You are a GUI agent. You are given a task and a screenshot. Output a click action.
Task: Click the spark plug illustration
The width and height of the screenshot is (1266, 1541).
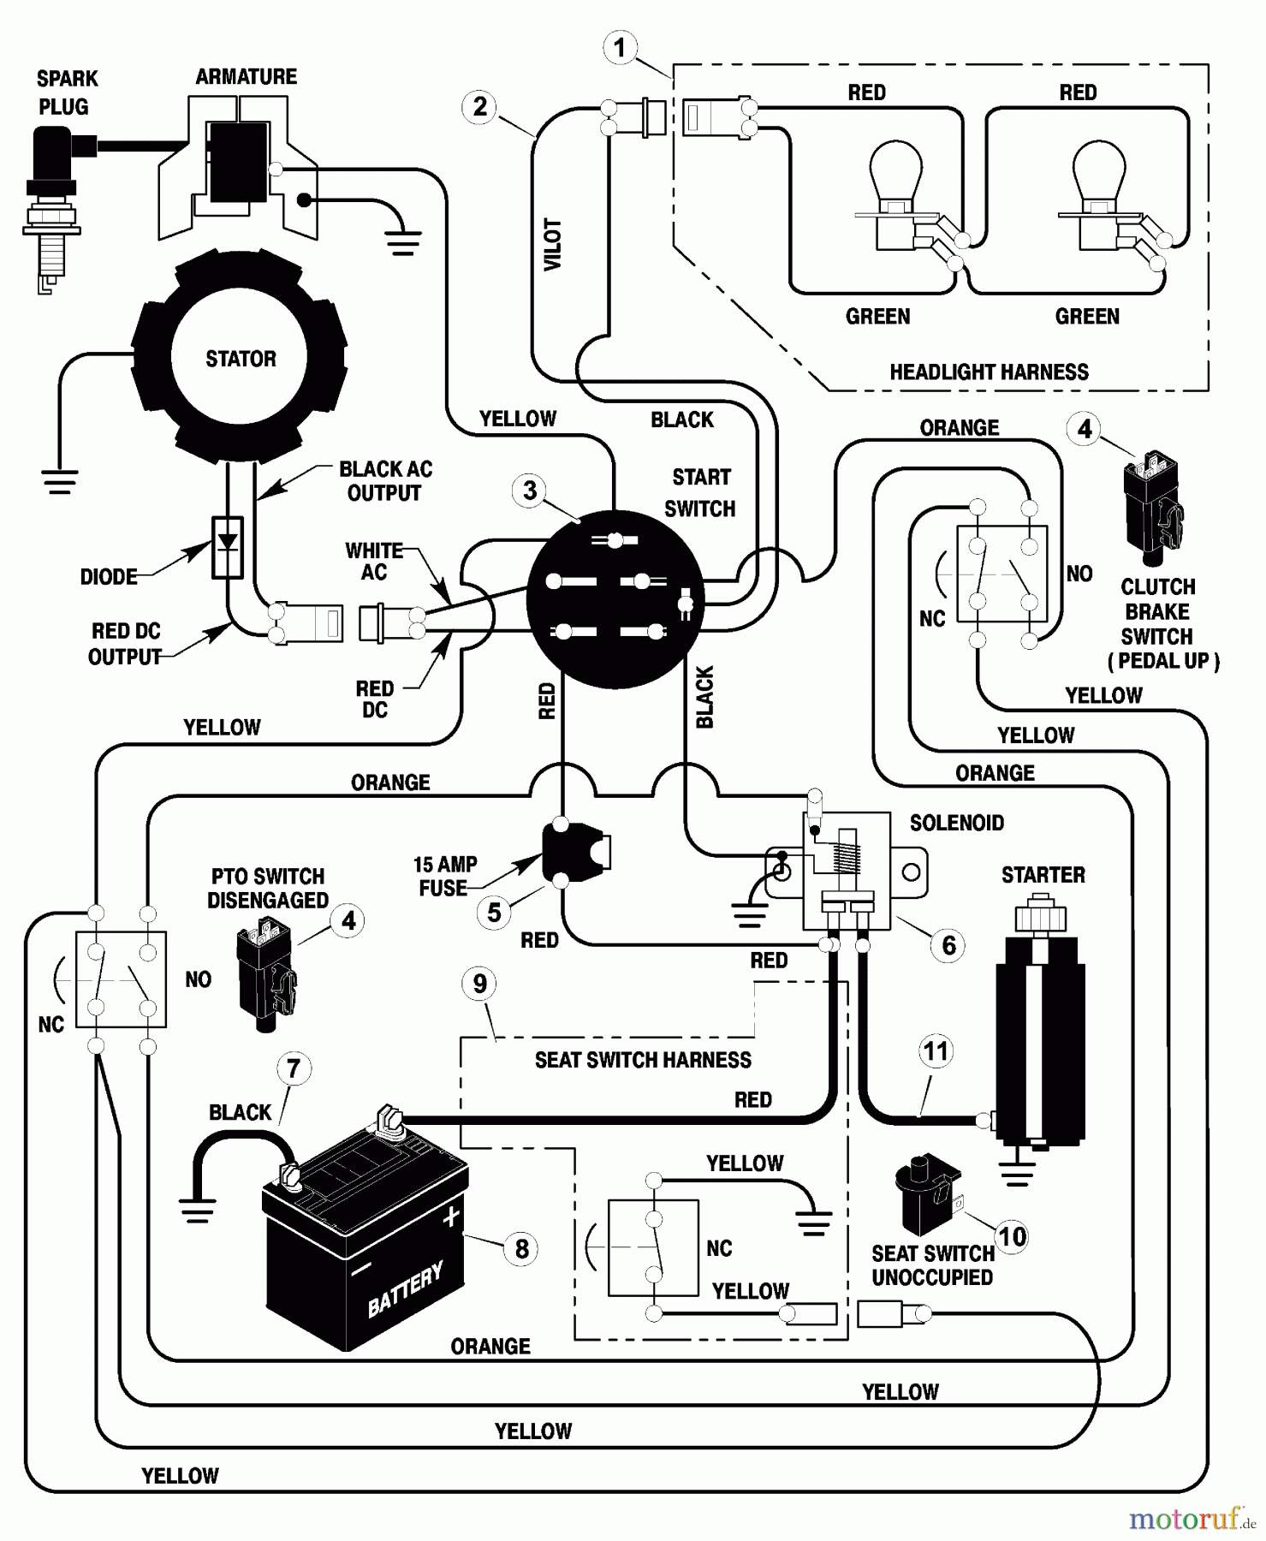pyautogui.click(x=53, y=205)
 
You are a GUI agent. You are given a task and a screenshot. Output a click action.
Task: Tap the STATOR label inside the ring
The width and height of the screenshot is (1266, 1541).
pyautogui.click(x=241, y=359)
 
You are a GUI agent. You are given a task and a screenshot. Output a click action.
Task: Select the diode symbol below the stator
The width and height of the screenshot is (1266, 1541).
pyautogui.click(x=228, y=546)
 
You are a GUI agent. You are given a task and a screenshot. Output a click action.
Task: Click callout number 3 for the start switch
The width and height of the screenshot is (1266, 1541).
pyautogui.click(x=530, y=491)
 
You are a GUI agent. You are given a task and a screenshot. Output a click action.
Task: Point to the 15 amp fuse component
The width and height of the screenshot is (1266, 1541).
pyautogui.click(x=575, y=853)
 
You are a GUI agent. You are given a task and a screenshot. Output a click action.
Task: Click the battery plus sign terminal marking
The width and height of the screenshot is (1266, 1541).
pyautogui.click(x=451, y=1217)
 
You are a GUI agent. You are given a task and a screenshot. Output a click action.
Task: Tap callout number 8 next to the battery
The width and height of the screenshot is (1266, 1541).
pyautogui.click(x=521, y=1248)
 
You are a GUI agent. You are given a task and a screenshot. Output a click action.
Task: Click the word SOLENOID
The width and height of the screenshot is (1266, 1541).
pyautogui.click(x=956, y=823)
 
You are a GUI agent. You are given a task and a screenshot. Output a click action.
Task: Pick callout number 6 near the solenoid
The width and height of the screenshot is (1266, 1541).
pyautogui.click(x=948, y=945)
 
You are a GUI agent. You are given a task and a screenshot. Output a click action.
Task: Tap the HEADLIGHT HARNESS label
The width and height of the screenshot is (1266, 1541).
pyautogui.click(x=989, y=372)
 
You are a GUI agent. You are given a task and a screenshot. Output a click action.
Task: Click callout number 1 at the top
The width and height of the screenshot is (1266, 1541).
pyautogui.click(x=620, y=47)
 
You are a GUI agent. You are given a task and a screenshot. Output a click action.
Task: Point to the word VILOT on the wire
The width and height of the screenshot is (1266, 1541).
pyautogui.click(x=554, y=245)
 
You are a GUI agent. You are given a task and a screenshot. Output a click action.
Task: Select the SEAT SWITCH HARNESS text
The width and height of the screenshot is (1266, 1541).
pyautogui.click(x=643, y=1060)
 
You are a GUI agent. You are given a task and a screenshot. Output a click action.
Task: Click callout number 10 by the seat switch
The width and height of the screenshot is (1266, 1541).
pyautogui.click(x=1012, y=1236)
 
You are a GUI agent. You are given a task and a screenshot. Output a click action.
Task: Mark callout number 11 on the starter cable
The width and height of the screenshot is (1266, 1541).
pyautogui.click(x=936, y=1050)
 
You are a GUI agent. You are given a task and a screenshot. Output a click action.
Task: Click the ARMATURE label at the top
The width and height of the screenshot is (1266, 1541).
pyautogui.click(x=246, y=77)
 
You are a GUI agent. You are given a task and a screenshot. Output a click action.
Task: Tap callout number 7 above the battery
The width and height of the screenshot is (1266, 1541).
pyautogui.click(x=294, y=1068)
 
